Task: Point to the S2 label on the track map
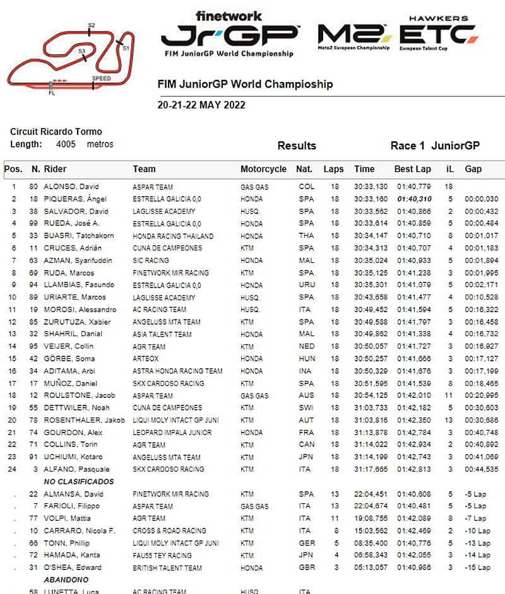[x=91, y=26]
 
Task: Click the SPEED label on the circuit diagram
[x=101, y=78]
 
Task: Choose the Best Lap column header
[x=412, y=169]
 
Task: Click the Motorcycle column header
[x=263, y=169]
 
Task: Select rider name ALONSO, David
[x=71, y=187]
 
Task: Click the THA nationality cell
[x=306, y=236]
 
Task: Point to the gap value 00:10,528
[x=481, y=297]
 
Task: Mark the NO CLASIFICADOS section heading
[x=79, y=482]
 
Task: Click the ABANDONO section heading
[x=66, y=579]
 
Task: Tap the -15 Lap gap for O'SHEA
[x=477, y=568]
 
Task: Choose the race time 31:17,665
[x=371, y=469]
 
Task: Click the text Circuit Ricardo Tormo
[x=56, y=132]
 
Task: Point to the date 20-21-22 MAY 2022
[x=201, y=105]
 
